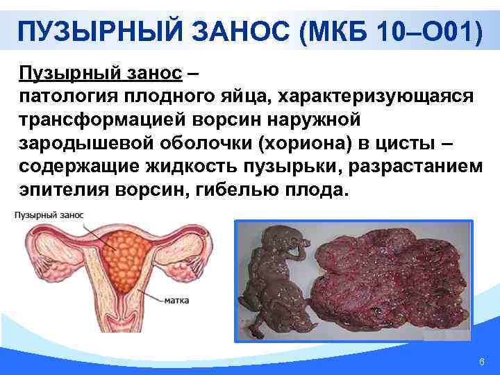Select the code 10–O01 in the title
point(424,31)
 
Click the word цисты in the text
point(403,142)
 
